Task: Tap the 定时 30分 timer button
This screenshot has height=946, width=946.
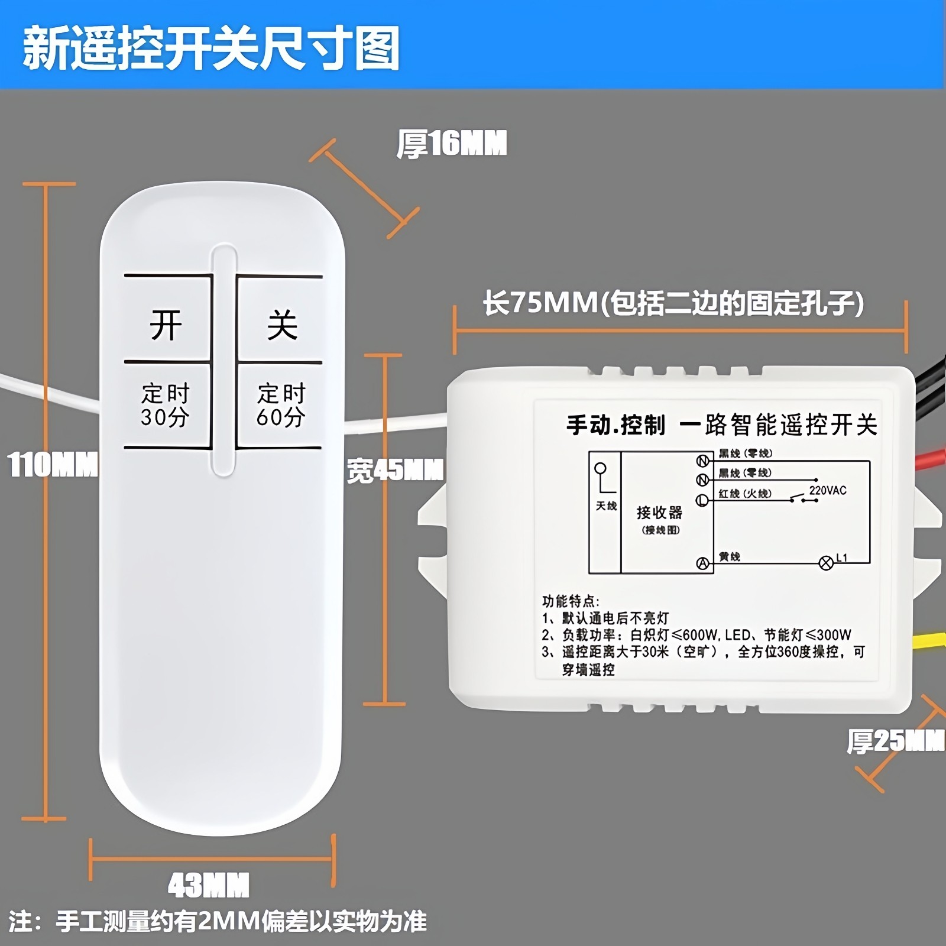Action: point(166,405)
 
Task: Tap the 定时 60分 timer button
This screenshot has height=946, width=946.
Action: point(281,405)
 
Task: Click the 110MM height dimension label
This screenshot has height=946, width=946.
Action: point(52,465)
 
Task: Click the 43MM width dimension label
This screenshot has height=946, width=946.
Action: point(209,886)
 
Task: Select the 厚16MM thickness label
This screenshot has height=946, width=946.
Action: point(452,144)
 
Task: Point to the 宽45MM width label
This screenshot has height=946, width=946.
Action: point(395,471)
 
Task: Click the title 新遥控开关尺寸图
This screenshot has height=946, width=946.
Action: point(211,48)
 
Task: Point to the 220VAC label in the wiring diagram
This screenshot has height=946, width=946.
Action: point(828,491)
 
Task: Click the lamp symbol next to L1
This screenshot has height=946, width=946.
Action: point(826,563)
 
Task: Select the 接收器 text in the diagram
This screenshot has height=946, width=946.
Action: point(659,512)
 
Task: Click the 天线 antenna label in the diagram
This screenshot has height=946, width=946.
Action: point(606,506)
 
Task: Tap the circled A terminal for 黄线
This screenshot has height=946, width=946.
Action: point(702,563)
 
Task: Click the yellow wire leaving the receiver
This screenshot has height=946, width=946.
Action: point(929,641)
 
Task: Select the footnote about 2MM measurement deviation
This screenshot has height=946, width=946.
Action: point(218,922)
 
